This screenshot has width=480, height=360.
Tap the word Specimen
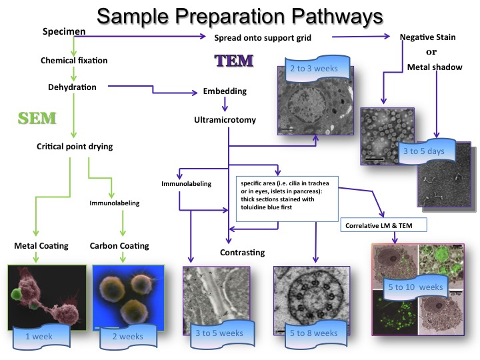coord(63,31)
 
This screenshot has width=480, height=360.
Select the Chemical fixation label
coord(73,61)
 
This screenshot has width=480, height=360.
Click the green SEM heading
coord(37,119)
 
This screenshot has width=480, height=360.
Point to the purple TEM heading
coord(233,61)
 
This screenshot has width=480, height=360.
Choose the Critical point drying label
coord(74,147)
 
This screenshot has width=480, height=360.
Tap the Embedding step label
coord(225,91)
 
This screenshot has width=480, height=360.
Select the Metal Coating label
coord(41,246)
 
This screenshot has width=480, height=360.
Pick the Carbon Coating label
coord(119,246)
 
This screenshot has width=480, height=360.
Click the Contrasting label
coord(243,253)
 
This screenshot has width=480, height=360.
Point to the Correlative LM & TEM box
coord(384,226)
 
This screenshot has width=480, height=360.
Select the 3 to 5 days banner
coord(424,151)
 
